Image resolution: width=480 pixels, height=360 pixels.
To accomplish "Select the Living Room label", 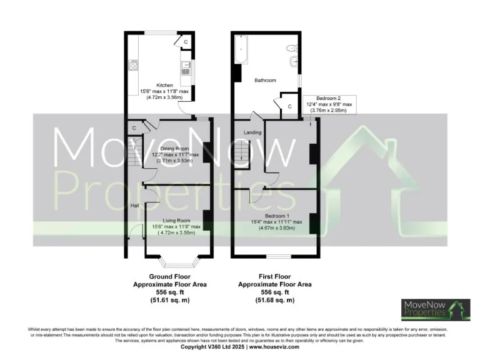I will (176, 221).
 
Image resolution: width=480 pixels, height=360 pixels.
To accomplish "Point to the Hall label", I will (134, 205).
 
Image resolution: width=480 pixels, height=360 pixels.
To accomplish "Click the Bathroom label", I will (265, 81).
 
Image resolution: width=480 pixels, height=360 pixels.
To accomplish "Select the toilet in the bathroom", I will (291, 48).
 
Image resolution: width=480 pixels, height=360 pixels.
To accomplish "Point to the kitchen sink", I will (184, 66).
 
